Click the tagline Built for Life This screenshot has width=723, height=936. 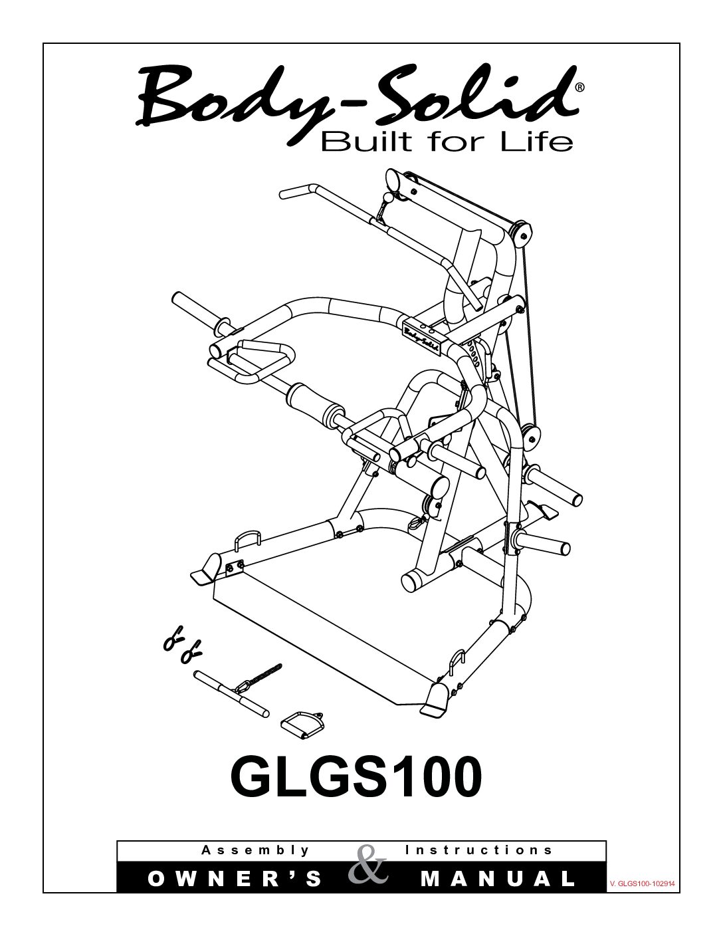pos(447,142)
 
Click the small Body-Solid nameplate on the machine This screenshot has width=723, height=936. pos(423,334)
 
